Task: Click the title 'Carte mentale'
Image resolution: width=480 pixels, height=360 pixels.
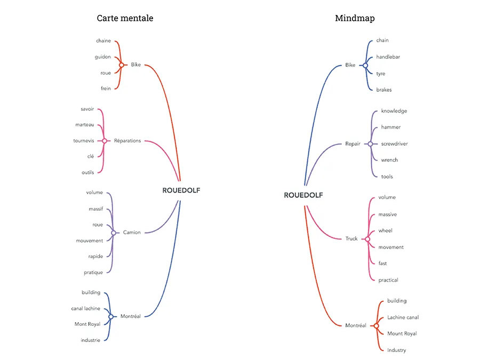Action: point(125,18)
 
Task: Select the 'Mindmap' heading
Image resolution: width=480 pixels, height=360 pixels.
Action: point(355,18)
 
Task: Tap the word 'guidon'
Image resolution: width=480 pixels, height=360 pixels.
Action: point(103,57)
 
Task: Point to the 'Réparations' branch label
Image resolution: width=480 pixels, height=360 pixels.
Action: point(127,141)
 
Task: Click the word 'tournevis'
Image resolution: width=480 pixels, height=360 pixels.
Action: point(84,141)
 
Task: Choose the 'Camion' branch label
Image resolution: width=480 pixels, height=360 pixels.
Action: point(132,233)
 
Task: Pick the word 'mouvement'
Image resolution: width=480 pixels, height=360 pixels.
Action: point(90,241)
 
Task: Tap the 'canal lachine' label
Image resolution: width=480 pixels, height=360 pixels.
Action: point(86,309)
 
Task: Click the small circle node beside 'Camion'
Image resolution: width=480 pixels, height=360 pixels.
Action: point(114,233)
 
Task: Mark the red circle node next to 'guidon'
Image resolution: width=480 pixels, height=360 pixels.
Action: point(122,65)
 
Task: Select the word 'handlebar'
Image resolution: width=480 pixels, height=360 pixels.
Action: point(388,57)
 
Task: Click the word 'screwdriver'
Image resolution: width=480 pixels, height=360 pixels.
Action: point(394,143)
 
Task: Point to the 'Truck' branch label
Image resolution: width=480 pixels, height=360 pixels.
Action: point(351,238)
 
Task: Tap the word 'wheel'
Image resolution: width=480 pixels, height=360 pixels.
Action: point(385,230)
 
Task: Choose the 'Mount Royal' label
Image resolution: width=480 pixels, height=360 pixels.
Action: point(402,334)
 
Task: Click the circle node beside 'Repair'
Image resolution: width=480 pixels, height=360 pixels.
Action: point(371,144)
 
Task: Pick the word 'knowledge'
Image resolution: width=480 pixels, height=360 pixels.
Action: point(394,111)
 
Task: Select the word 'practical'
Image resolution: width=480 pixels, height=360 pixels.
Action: point(388,280)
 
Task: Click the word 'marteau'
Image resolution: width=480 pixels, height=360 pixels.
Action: point(85,125)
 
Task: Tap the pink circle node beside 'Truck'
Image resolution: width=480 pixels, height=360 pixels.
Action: point(367,239)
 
